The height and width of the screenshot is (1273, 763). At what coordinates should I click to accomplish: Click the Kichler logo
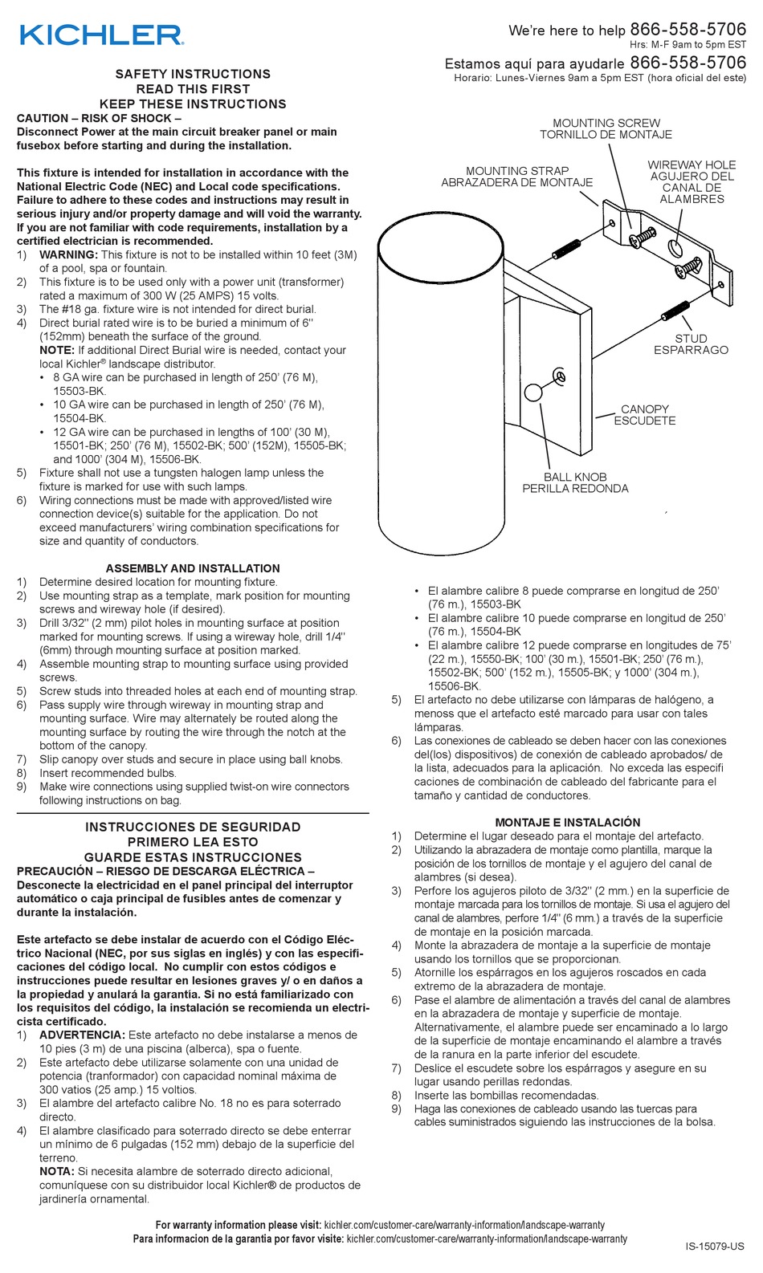101,35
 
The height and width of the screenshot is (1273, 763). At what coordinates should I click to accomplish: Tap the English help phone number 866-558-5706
688,30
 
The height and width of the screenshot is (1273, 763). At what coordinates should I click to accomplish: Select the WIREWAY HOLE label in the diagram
692,165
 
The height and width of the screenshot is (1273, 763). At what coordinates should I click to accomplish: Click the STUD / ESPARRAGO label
691,344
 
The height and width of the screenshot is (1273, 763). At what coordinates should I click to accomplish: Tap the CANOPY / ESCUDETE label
645,415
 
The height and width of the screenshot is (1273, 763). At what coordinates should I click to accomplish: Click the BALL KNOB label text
575,477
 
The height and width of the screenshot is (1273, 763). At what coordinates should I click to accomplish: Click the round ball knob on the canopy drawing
533,392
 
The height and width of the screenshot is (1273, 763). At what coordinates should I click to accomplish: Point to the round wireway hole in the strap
676,246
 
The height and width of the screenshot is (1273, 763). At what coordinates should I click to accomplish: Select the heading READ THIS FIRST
193,89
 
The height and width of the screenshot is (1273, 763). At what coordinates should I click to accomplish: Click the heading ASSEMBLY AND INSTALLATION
193,568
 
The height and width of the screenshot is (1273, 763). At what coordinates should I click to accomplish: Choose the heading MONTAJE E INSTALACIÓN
567,822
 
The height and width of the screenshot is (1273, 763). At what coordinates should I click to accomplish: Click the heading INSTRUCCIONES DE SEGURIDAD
193,827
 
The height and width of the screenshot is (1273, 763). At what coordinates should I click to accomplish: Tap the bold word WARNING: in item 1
68,254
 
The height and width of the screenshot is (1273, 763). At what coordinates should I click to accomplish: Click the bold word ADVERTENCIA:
82,1035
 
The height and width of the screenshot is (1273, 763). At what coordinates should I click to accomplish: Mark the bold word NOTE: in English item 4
56,350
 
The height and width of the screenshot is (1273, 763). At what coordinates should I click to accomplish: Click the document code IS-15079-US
714,1247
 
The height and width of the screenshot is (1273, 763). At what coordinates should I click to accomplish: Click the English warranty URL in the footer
463,1225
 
